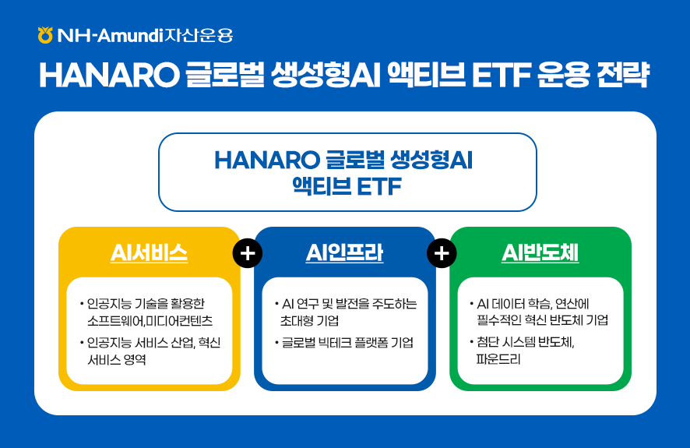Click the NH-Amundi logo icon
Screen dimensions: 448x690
(x=45, y=35)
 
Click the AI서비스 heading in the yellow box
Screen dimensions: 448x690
(x=149, y=253)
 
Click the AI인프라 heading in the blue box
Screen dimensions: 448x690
(x=344, y=253)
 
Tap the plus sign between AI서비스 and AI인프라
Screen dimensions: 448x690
(x=248, y=253)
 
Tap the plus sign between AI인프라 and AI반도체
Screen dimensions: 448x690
(x=442, y=253)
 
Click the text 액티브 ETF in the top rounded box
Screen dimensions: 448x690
(x=347, y=187)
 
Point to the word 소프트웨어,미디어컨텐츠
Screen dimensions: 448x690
(x=150, y=320)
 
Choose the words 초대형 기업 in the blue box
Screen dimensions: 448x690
(x=310, y=320)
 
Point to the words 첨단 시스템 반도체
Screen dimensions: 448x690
(x=526, y=342)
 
